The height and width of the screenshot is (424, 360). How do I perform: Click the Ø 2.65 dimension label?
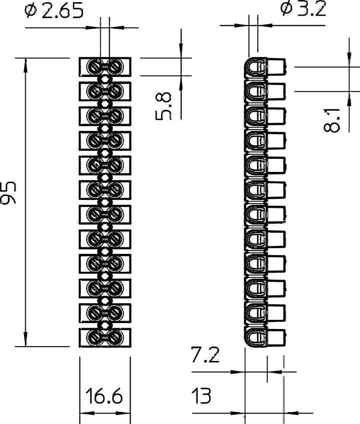pos(54,11)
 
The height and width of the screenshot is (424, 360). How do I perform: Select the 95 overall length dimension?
pos(8,193)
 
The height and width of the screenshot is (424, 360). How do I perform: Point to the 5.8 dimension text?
pos(163,106)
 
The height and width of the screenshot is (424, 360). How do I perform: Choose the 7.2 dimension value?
pos(205,354)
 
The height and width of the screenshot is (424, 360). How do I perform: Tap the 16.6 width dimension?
pos(104,396)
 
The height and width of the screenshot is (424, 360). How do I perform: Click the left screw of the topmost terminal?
pos(94,67)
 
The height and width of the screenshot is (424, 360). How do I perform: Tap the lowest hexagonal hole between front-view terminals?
pos(105,325)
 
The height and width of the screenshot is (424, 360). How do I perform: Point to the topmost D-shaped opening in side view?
pos(256,67)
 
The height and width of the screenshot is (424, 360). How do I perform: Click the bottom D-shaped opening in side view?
pos(256,337)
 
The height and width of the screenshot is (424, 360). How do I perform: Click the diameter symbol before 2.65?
pos(31,11)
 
